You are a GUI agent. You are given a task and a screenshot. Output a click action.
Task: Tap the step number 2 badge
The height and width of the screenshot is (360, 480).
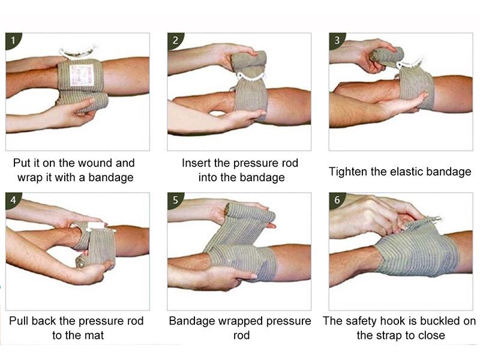tap(175, 40)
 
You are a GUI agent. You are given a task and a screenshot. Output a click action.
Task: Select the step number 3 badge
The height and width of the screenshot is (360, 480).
tap(337, 40)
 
